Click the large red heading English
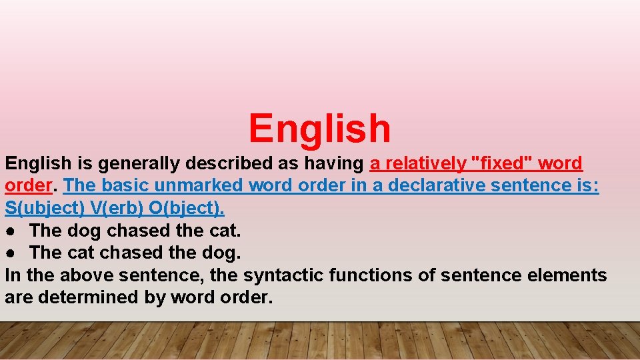click(319, 128)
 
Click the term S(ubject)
click(45, 209)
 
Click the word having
click(333, 163)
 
